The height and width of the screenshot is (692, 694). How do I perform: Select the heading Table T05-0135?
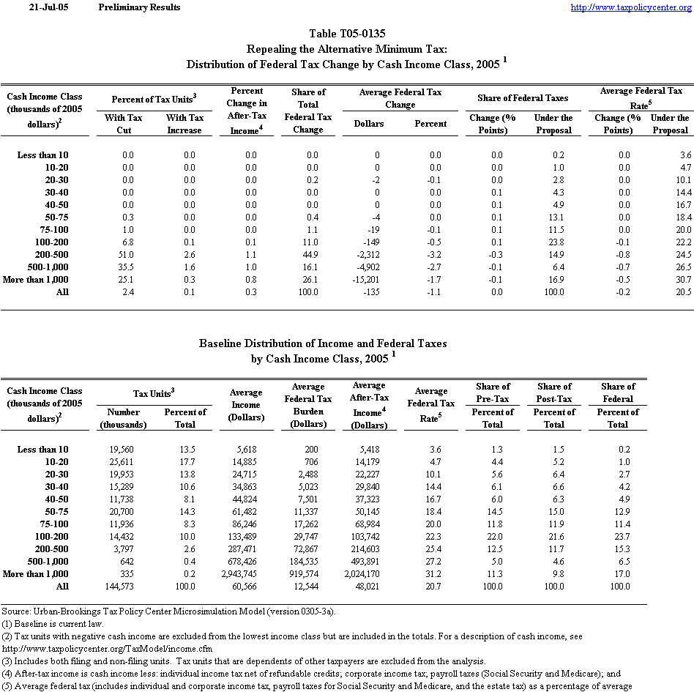[x=347, y=34]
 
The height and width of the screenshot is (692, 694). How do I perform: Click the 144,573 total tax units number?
[x=119, y=586]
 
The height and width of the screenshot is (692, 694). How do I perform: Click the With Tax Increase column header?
[x=184, y=124]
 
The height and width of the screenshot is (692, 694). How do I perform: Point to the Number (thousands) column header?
[x=122, y=418]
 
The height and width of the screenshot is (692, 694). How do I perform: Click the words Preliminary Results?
[x=139, y=7]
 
